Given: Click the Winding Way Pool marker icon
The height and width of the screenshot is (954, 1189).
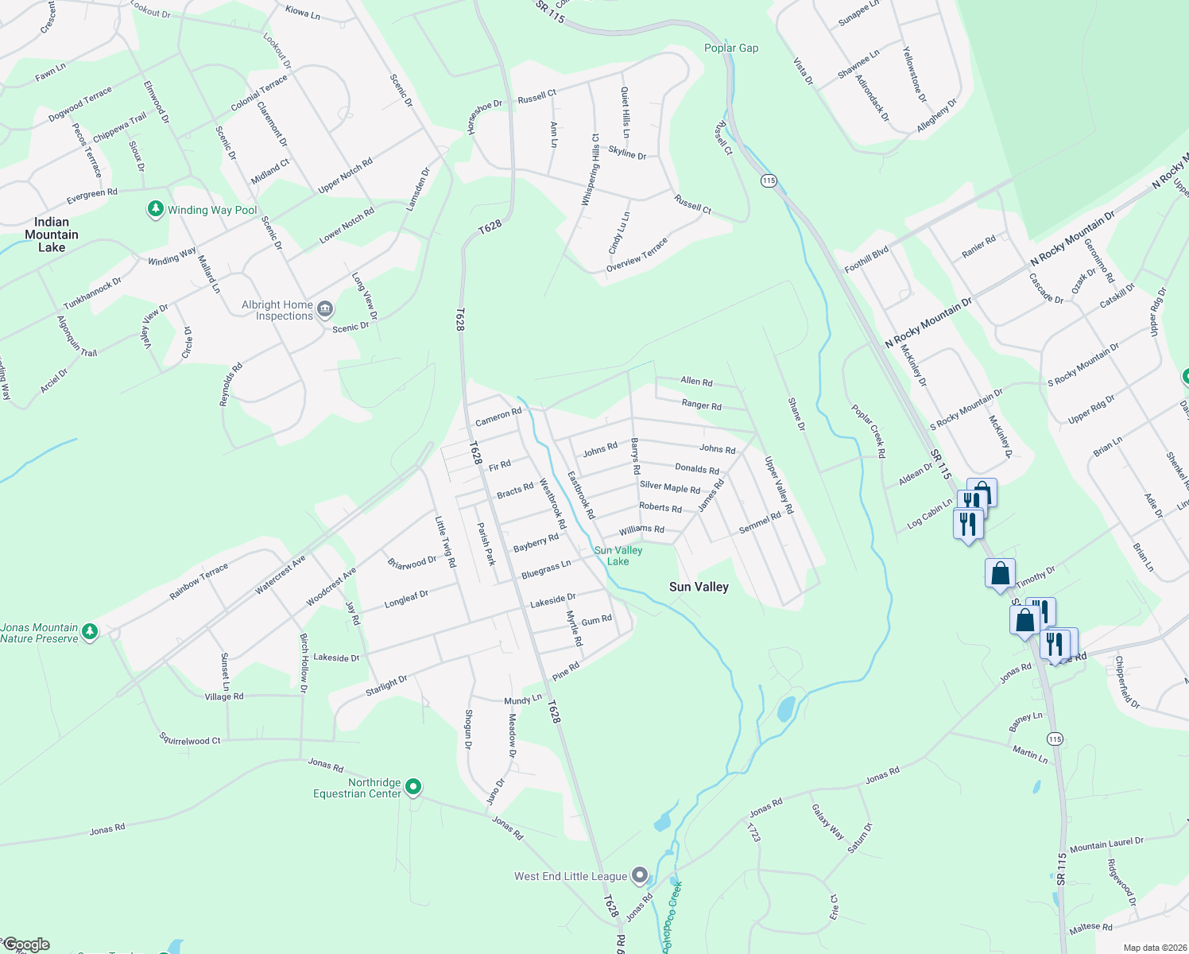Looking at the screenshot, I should tap(156, 210).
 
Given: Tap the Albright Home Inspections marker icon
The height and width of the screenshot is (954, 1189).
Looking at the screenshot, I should tap(324, 309).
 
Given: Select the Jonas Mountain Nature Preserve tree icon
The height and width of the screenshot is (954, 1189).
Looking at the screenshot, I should tap(90, 632).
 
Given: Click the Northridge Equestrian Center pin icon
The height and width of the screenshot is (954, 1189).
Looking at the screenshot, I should tap(412, 787).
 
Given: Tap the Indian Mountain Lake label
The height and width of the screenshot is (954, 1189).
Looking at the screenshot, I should tap(52, 235).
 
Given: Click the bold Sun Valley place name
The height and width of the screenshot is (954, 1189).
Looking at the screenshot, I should tap(699, 587).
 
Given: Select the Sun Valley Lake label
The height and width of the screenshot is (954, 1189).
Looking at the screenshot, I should tap(618, 556).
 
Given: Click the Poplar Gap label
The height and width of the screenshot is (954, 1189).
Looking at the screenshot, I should tap(731, 48).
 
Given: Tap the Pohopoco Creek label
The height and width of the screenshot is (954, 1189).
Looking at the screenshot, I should tap(672, 914).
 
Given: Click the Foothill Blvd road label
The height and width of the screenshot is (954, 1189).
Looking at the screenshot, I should tap(866, 258).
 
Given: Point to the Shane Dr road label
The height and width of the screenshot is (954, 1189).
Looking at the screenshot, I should tap(796, 414).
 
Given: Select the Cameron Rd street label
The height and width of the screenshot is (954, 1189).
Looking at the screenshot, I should tap(498, 417).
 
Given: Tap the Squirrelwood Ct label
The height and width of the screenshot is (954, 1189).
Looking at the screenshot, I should tap(190, 739).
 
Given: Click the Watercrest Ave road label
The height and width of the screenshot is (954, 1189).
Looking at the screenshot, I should tap(281, 575).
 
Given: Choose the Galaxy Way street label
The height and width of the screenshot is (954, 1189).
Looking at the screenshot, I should tap(827, 822).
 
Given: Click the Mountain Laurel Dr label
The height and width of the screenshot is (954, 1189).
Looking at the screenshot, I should tap(1106, 844).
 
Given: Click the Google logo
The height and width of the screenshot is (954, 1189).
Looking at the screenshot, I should tap(26, 944).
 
